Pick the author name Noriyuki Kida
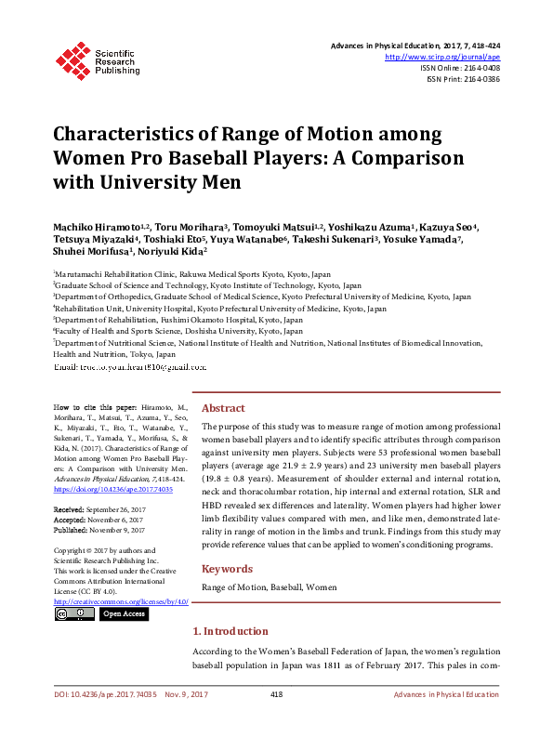pyautogui.click(x=168, y=251)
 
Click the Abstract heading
pyautogui.click(x=223, y=408)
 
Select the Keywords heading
pyautogui.click(x=227, y=569)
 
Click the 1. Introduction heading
pyautogui.click(x=230, y=631)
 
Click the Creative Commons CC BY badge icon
pyautogui.click(x=73, y=613)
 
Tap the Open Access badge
pyautogui.click(x=124, y=613)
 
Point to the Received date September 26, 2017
pyautogui.click(x=115, y=511)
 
